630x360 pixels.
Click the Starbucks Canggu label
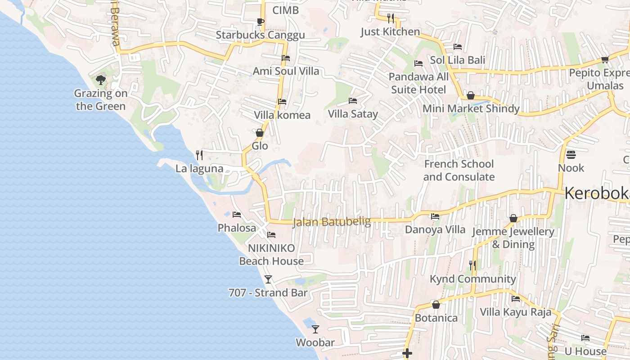[x=260, y=35]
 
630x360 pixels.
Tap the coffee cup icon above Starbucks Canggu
[x=260, y=21]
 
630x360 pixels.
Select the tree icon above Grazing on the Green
[x=101, y=80]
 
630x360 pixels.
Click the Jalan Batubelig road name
[x=332, y=222]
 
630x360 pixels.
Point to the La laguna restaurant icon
[x=199, y=155]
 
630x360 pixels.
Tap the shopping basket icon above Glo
[x=260, y=133]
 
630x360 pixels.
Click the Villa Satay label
[x=353, y=114]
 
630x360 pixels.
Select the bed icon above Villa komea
[x=282, y=102]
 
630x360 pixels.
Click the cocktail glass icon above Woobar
[x=315, y=329]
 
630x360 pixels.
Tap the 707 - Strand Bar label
[x=268, y=293]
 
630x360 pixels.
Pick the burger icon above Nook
[x=571, y=155]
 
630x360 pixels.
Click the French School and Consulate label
[x=459, y=171]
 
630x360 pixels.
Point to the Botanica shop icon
[x=436, y=305]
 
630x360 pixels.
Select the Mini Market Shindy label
[x=471, y=108]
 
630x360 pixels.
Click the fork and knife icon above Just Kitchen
[x=390, y=18]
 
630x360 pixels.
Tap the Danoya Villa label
[x=435, y=229]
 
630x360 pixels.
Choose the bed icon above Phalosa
[x=237, y=215]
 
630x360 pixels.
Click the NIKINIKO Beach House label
[x=271, y=255]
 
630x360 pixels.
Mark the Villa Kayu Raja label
[x=515, y=312]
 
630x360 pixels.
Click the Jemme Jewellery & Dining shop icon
[x=513, y=219]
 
